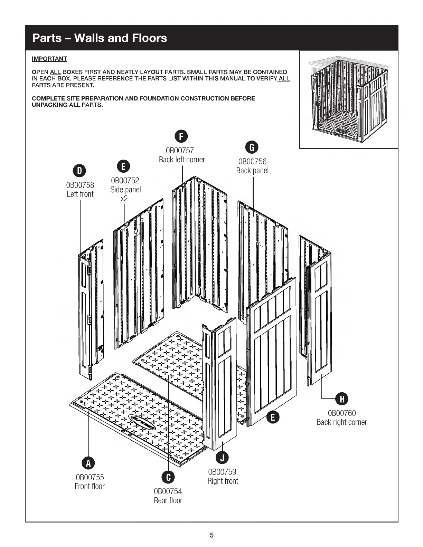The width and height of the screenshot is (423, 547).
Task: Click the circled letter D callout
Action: (x=79, y=171)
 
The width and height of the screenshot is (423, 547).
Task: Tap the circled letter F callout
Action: (x=182, y=136)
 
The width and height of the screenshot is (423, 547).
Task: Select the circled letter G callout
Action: (x=252, y=147)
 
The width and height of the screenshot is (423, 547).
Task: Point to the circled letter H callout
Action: (x=342, y=399)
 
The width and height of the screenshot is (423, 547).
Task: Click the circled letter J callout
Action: (x=222, y=458)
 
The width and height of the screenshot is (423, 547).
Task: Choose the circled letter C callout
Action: (x=168, y=477)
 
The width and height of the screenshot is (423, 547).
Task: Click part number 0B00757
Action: (x=180, y=151)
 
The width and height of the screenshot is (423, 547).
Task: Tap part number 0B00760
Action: (x=341, y=413)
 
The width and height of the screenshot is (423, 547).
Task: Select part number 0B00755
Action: (x=90, y=477)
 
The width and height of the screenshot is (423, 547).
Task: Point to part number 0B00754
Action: (x=168, y=491)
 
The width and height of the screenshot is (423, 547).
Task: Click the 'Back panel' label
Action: (x=252, y=171)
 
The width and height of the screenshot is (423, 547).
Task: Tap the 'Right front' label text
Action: (x=223, y=481)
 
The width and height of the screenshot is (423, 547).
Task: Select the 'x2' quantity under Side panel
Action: (x=124, y=199)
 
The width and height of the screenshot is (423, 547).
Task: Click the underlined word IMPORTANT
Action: (x=49, y=59)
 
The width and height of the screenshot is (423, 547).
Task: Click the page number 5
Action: (x=212, y=535)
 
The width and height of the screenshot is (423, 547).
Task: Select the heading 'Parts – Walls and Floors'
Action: (x=100, y=38)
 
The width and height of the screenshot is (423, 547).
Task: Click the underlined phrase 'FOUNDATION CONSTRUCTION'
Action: (x=184, y=98)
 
